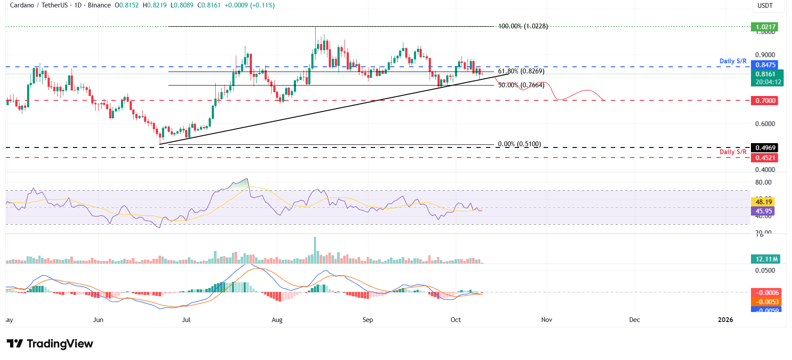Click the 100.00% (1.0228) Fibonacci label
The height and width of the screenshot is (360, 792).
click(523, 26)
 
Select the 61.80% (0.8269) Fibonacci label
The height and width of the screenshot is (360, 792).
click(521, 71)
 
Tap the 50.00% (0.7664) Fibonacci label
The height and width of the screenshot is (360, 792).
click(521, 85)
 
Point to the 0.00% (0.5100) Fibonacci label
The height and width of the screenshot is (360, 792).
click(519, 144)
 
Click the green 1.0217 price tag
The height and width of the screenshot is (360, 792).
click(765, 27)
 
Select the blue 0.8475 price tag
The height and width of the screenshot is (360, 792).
click(765, 65)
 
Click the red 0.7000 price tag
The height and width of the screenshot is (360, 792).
click(765, 101)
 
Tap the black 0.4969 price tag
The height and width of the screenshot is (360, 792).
click(765, 148)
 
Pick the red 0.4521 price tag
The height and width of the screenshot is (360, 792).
click(765, 158)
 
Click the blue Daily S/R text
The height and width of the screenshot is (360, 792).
click(733, 61)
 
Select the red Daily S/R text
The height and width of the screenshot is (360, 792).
click(733, 152)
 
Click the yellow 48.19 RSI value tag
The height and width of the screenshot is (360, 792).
click(764, 202)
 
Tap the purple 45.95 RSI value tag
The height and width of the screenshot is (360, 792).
click(764, 211)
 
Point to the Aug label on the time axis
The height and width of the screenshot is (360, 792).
click(277, 320)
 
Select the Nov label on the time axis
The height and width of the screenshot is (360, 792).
click(546, 320)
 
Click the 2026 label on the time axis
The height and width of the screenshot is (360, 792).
click(725, 320)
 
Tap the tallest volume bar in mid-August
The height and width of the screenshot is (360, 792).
click(315, 250)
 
